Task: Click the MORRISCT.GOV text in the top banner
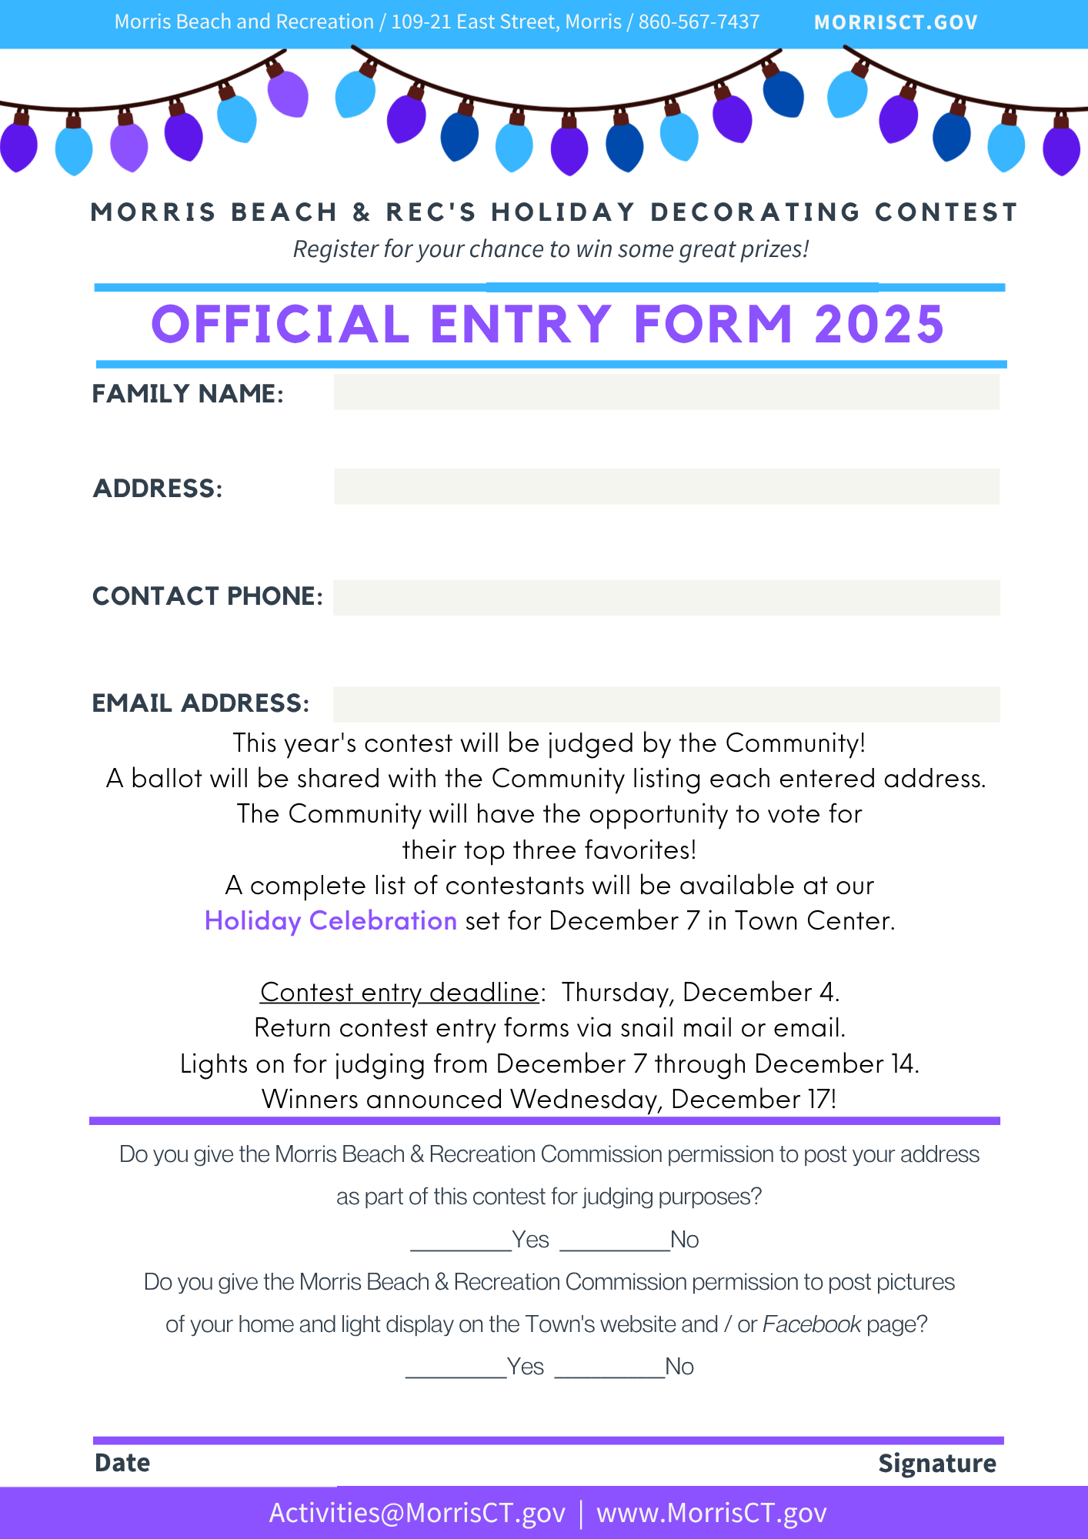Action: tap(896, 22)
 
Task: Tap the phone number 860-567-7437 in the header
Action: tap(699, 22)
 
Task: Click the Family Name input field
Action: tap(666, 392)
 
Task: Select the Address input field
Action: tap(666, 486)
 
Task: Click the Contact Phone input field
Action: tap(666, 597)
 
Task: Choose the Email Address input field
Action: tap(666, 704)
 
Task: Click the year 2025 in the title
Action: tap(879, 324)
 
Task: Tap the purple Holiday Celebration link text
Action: tap(331, 920)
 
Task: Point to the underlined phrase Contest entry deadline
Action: tap(399, 992)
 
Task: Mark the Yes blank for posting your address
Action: tap(461, 1240)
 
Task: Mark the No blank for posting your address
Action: tap(615, 1240)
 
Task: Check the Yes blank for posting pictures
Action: tap(456, 1367)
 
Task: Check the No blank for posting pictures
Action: tap(609, 1367)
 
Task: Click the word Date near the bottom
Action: tap(122, 1462)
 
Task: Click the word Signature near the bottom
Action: tap(937, 1463)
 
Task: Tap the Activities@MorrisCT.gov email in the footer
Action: tap(417, 1513)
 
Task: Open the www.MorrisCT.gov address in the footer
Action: tap(712, 1513)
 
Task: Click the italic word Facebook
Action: tap(812, 1324)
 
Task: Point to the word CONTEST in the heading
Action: tap(946, 212)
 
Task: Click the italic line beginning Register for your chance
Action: tap(551, 249)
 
